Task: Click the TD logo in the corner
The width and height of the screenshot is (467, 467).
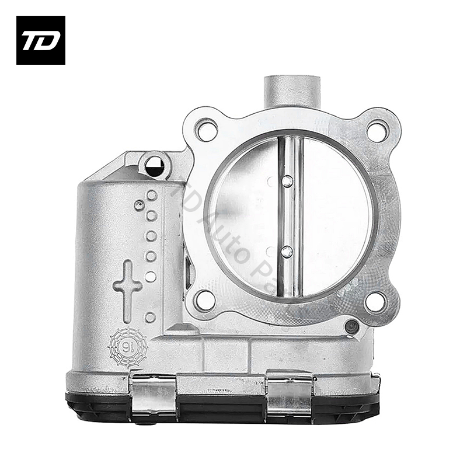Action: click(x=40, y=40)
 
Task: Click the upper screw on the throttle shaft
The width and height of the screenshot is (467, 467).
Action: click(x=287, y=182)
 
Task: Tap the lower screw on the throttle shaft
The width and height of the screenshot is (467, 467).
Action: click(x=287, y=252)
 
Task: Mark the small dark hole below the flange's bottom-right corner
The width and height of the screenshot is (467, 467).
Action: click(x=351, y=327)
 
